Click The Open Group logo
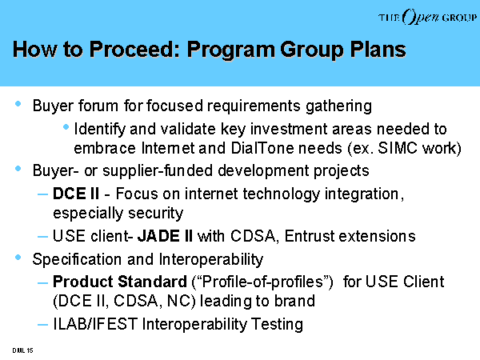click(427, 17)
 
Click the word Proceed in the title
click(134, 49)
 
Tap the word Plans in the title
click(378, 49)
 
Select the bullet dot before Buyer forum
click(18, 104)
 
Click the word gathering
click(339, 106)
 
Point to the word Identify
click(100, 129)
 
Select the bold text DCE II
click(76, 194)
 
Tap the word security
click(155, 214)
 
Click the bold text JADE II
click(165, 236)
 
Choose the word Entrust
click(310, 236)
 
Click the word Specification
click(77, 259)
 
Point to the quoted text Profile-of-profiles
click(262, 282)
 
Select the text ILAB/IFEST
click(95, 324)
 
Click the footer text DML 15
click(22, 350)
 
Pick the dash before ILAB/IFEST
click(42, 325)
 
